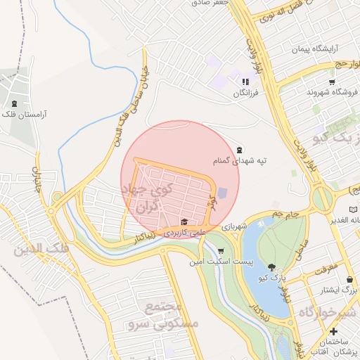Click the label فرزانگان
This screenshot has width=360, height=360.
click(246, 92)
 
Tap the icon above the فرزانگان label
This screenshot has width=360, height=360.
click(245, 82)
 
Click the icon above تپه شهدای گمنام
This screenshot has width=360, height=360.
click(240, 149)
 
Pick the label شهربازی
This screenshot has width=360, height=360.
click(234, 228)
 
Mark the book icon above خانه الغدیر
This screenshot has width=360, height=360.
click(353, 210)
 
